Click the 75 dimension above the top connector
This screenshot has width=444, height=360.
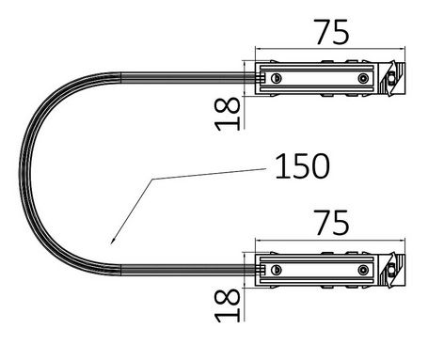(x=332, y=32)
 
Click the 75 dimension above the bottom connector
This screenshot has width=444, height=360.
(x=332, y=223)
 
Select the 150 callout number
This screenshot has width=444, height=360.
(x=302, y=166)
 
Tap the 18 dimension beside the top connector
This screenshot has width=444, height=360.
(x=227, y=114)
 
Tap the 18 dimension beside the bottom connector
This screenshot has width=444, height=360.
(x=227, y=305)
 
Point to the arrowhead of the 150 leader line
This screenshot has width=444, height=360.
(x=113, y=241)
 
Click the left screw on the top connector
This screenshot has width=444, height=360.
(x=277, y=78)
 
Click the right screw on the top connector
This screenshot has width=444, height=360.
(x=363, y=78)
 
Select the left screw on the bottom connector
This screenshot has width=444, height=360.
(x=277, y=270)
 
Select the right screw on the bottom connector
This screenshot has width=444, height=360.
(x=363, y=270)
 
